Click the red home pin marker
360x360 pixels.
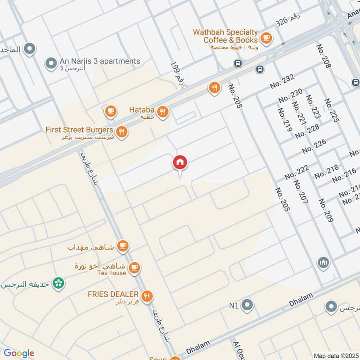point(180,163)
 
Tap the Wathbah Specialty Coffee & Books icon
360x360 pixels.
point(266,37)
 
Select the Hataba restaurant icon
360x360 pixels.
point(163,112)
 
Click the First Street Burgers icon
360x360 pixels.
point(121,132)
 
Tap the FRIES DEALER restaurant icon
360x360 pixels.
point(147,297)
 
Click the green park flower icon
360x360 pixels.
point(58,283)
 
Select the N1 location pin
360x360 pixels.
point(247,306)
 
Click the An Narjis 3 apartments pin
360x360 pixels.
point(50,63)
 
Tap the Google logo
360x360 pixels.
point(18,353)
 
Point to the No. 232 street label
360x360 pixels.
point(282,81)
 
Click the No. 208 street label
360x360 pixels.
point(324,56)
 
